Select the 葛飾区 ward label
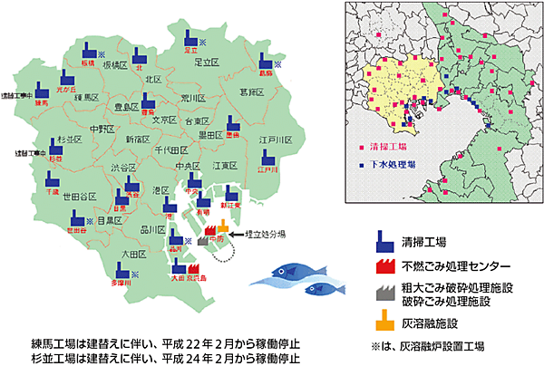pos(251,91)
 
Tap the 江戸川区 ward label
pos(273,141)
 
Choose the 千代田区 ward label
pos(170,149)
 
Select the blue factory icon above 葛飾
pos(265,61)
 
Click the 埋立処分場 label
pos(268,233)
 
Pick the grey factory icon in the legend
pos(384,293)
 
